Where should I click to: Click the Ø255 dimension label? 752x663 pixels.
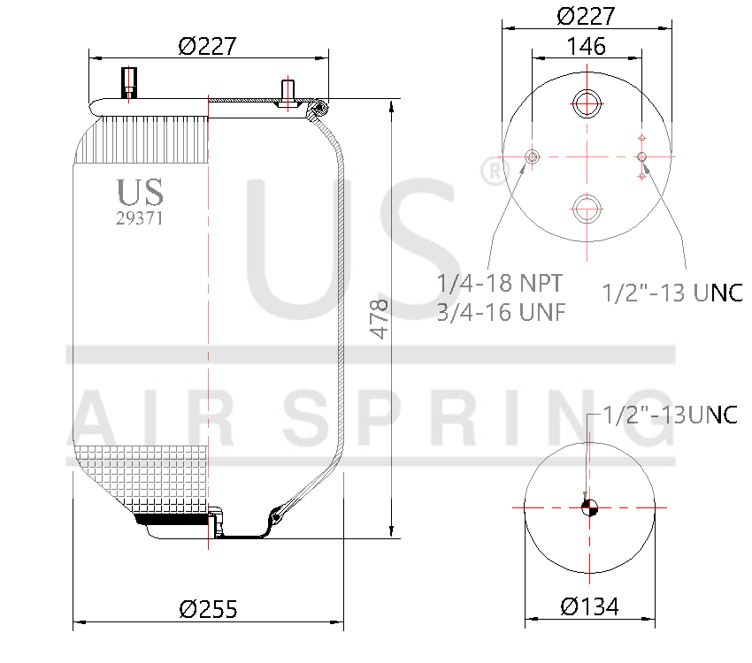pyautogui.click(x=208, y=608)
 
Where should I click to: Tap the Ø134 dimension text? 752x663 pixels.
pyautogui.click(x=589, y=606)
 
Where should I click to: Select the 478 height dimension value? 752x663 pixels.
pyautogui.click(x=380, y=319)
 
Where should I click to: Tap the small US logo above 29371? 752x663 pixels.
pyautogui.click(x=140, y=192)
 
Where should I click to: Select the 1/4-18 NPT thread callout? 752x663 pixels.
pyautogui.click(x=499, y=285)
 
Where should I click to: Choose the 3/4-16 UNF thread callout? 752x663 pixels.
pyautogui.click(x=501, y=312)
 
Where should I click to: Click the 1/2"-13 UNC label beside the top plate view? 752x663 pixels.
pyautogui.click(x=672, y=293)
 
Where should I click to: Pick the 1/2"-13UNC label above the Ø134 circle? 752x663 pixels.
pyautogui.click(x=670, y=414)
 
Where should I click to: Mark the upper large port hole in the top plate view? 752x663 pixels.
pyautogui.click(x=586, y=104)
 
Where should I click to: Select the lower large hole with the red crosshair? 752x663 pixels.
pyautogui.click(x=586, y=209)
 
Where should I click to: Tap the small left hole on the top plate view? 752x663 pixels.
pyautogui.click(x=532, y=157)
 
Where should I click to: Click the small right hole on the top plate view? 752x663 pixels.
pyautogui.click(x=642, y=157)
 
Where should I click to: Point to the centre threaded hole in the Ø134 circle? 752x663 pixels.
pyautogui.click(x=589, y=507)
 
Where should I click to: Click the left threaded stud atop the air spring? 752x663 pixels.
pyautogui.click(x=128, y=83)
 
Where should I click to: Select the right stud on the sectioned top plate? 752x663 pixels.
pyautogui.click(x=288, y=92)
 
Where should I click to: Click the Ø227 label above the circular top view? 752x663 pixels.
pyautogui.click(x=586, y=16)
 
